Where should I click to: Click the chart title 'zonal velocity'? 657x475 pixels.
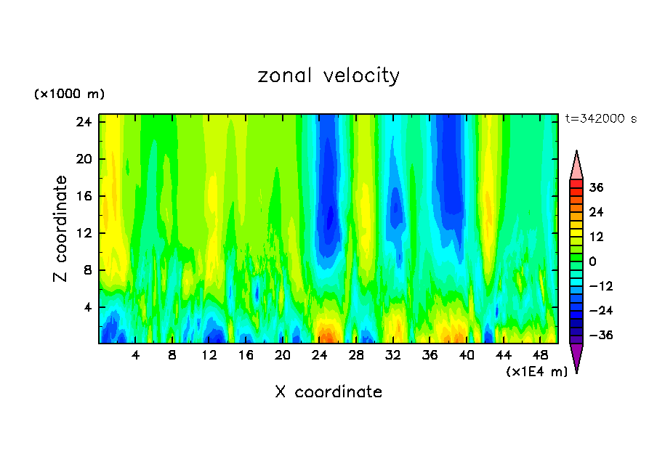328,76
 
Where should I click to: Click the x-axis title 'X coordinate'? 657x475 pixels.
328,392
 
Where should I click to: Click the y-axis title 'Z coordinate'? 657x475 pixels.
62,229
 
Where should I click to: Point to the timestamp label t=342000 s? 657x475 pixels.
600,119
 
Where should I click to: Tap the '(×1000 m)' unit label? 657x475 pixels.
70,94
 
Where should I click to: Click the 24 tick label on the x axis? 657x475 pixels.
319,355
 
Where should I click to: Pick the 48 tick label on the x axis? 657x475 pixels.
540,355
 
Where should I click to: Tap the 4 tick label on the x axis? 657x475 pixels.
135,355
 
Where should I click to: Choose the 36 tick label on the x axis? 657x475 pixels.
430,355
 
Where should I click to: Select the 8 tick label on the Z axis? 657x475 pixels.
86,270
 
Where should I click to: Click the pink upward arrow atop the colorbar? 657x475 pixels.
576,166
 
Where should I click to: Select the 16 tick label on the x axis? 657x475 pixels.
246,355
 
